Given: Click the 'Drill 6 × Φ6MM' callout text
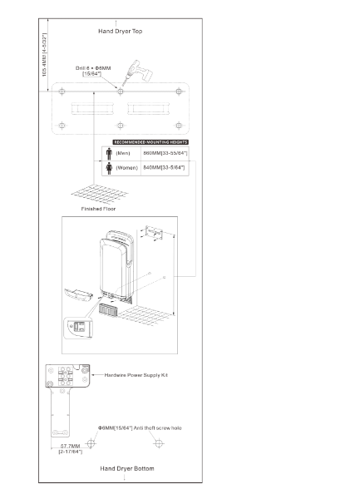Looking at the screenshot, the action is click(x=98, y=68).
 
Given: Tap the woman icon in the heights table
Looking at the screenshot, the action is click(x=108, y=167).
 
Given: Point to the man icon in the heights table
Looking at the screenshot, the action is click(x=108, y=153).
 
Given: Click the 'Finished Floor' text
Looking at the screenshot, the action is click(x=98, y=209).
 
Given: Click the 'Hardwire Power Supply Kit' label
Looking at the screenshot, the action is click(x=137, y=375).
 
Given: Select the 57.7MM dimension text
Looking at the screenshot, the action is click(x=68, y=447).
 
